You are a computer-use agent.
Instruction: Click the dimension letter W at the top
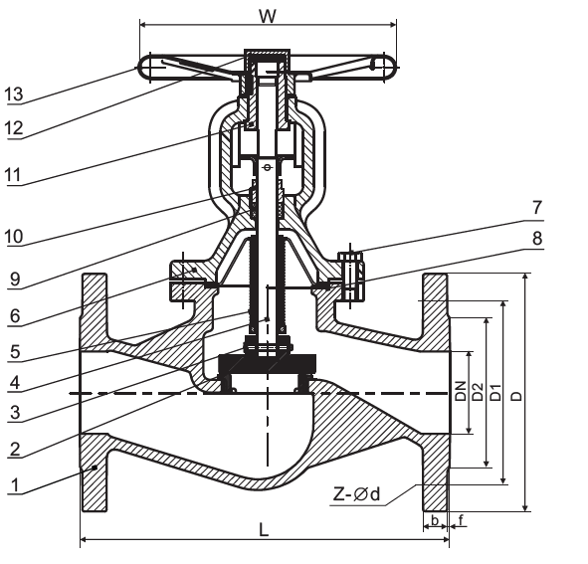pyautogui.click(x=268, y=16)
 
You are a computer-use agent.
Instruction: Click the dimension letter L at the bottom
pyautogui.click(x=264, y=529)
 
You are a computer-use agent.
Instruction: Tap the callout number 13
pyautogui.click(x=14, y=94)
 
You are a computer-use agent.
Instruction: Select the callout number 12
pyautogui.click(x=14, y=128)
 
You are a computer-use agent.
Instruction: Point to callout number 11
pyautogui.click(x=13, y=175)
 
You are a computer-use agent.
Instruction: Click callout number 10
pyautogui.click(x=14, y=237)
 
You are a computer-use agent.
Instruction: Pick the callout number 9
pyautogui.click(x=15, y=279)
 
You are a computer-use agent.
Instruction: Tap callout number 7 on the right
pyautogui.click(x=537, y=207)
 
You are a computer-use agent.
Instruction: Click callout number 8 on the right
pyautogui.click(x=537, y=238)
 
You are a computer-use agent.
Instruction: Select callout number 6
pyautogui.click(x=15, y=316)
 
